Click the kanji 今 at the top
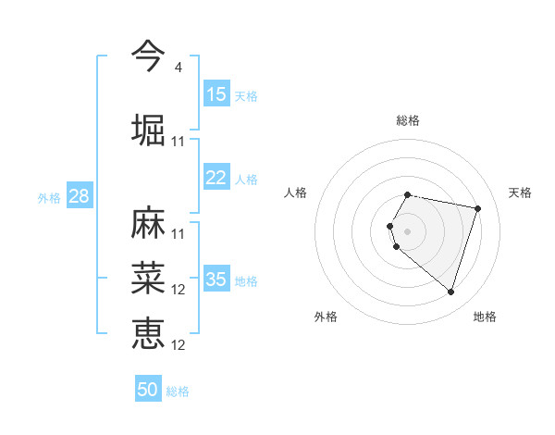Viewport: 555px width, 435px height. tap(148, 56)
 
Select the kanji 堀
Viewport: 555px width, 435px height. tap(148, 129)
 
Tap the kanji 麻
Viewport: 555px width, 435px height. tap(148, 222)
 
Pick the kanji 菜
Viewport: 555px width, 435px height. tap(148, 277)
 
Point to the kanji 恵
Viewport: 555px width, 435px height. tap(148, 332)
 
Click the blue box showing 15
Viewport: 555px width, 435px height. tap(216, 94)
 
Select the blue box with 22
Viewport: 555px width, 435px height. tap(216, 179)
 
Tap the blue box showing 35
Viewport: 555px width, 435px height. tap(216, 280)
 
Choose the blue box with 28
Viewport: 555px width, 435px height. tap(79, 196)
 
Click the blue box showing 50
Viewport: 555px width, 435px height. tap(148, 390)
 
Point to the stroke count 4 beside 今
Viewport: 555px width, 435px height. tap(178, 68)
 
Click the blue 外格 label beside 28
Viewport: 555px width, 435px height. tap(49, 198)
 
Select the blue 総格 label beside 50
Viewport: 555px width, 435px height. tap(178, 391)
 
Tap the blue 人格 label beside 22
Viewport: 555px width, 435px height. tap(245, 180)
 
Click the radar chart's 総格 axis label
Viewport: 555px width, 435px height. tap(407, 120)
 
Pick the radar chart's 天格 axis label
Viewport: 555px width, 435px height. tap(520, 193)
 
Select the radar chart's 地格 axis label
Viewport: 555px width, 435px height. tap(485, 317)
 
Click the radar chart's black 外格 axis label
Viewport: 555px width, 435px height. tap(326, 317)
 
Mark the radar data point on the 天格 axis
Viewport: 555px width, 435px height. tap(477, 208)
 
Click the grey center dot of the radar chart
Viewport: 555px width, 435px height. tap(407, 230)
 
